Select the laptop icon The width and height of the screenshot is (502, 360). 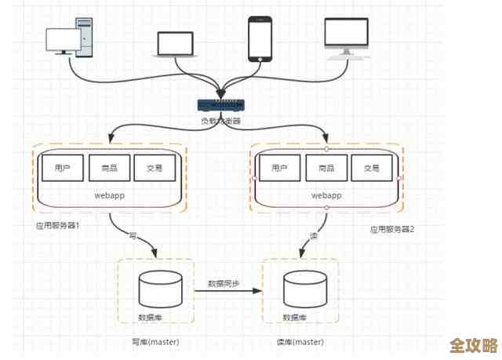click(x=174, y=45)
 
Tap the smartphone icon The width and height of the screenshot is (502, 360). click(x=260, y=38)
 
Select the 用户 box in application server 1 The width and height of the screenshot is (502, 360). click(x=64, y=168)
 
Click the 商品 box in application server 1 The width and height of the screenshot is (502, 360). click(x=108, y=168)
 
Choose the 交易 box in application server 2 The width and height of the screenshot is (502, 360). click(x=371, y=168)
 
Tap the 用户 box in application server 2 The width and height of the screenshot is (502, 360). click(x=280, y=168)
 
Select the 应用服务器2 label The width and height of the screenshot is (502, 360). click(x=391, y=230)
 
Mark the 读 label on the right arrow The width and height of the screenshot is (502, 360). click(x=313, y=235)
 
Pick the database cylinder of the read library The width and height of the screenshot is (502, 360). click(x=306, y=290)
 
